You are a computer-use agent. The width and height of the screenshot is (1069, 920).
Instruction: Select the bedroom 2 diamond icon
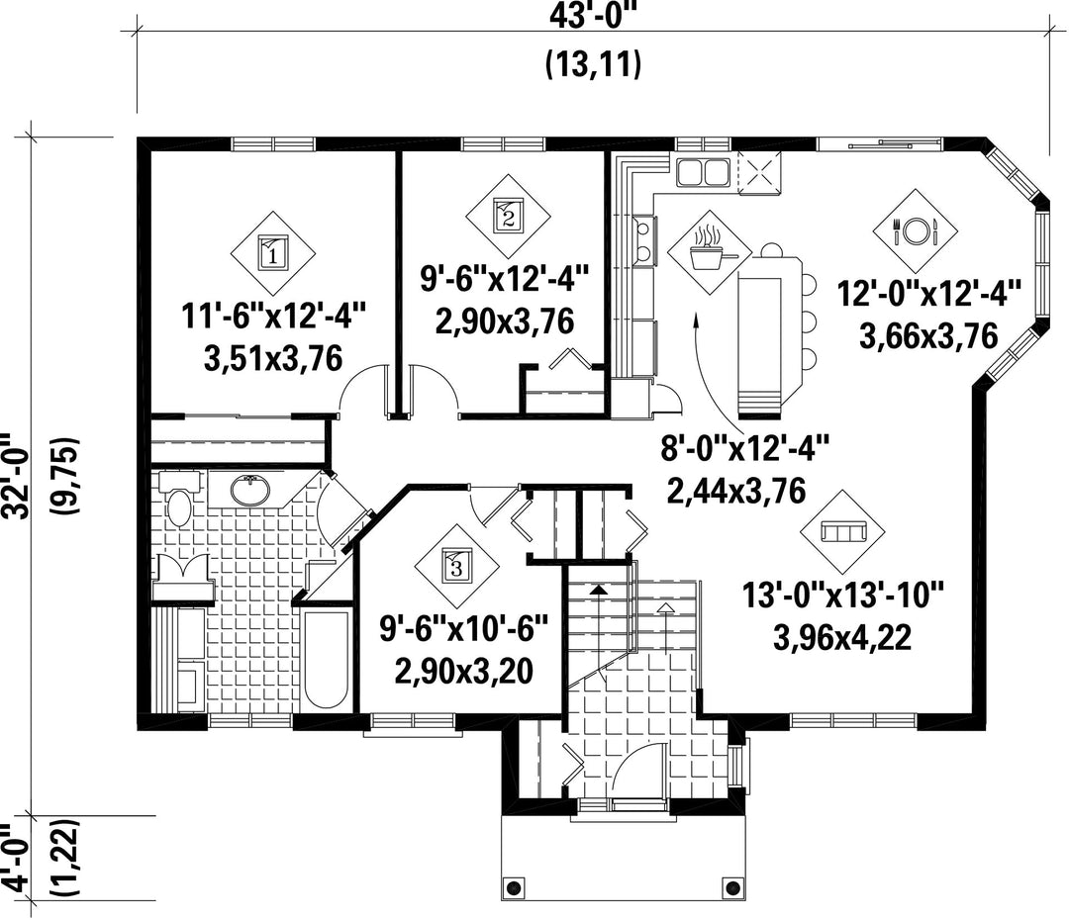point(508,216)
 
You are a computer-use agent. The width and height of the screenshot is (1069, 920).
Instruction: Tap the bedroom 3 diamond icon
point(456,566)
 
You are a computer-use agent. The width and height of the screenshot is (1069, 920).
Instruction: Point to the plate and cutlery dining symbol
point(916,231)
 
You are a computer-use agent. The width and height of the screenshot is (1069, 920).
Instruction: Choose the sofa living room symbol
point(842,531)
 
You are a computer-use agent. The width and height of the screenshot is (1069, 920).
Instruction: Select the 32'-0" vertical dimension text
point(17,475)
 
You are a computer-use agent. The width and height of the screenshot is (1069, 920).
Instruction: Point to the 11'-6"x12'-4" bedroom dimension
point(274,317)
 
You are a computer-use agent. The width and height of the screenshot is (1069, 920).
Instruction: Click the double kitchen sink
point(703,171)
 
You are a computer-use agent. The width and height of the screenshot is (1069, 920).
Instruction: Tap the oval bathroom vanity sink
point(250,490)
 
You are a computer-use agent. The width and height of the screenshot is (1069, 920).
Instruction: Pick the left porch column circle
point(514,888)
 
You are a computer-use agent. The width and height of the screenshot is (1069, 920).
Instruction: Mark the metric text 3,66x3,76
point(928,336)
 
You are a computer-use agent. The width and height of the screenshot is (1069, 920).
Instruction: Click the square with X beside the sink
point(759,171)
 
